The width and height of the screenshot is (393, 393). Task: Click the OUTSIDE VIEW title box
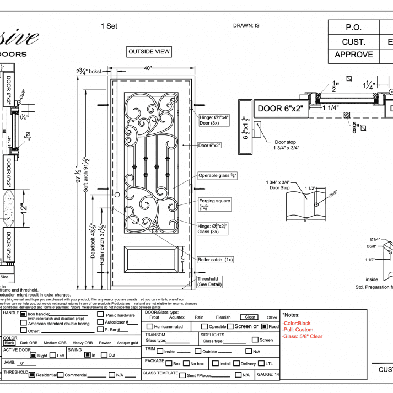point(149,52)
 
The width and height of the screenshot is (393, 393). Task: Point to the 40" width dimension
point(148,68)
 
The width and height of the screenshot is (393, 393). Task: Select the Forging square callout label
point(214,201)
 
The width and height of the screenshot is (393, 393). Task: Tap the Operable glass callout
point(217,176)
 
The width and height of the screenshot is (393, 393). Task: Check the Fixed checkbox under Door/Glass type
point(264,326)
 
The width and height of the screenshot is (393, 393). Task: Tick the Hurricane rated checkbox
point(149,327)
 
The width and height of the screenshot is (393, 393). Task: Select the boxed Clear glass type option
point(250,317)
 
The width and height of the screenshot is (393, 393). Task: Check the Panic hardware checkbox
point(100,315)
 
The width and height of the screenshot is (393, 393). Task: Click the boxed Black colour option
point(9,343)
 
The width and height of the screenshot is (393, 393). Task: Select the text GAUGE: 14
point(268,374)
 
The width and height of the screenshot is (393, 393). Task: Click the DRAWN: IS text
point(246,25)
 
